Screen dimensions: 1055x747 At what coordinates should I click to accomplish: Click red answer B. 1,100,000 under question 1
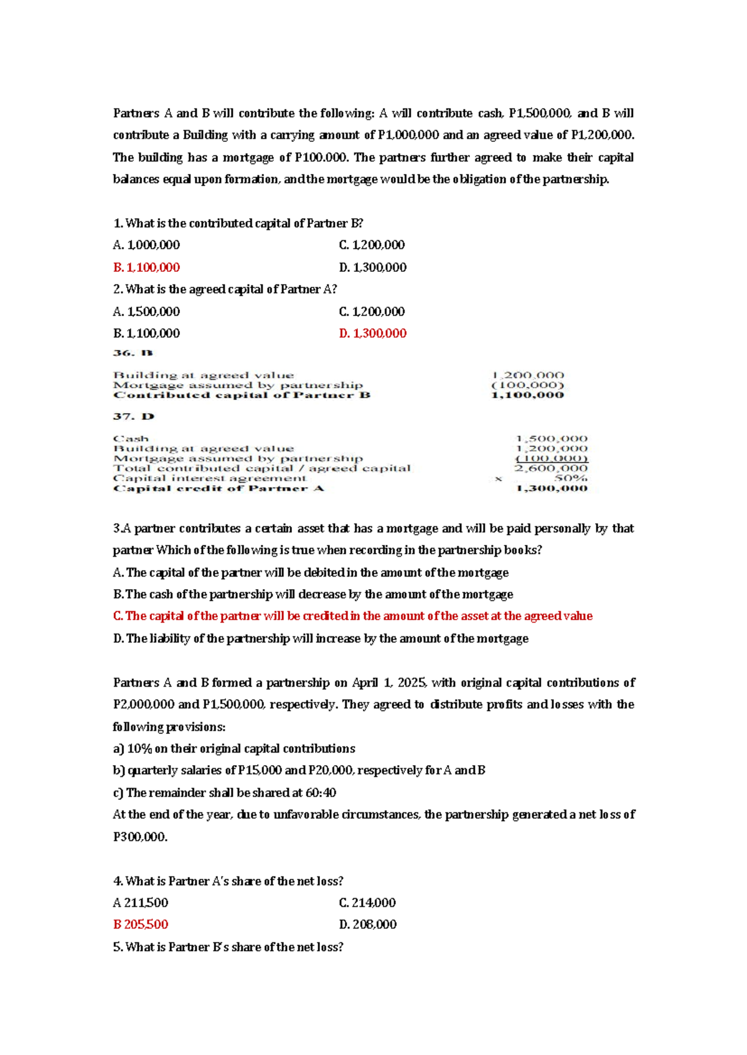click(x=146, y=267)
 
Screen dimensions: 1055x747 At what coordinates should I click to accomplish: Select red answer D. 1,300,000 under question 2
click(x=372, y=333)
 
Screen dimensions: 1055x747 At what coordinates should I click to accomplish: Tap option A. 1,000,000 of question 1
click(x=146, y=245)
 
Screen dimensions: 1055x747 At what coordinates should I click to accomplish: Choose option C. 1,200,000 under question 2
click(x=372, y=312)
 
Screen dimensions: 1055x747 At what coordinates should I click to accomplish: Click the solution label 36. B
click(x=133, y=353)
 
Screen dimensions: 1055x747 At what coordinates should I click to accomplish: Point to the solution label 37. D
click(x=133, y=416)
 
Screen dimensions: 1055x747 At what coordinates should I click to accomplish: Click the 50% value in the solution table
click(x=571, y=478)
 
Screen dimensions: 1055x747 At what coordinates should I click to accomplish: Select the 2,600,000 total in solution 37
click(x=551, y=468)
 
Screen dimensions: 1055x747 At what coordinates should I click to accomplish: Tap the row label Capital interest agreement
click(x=210, y=478)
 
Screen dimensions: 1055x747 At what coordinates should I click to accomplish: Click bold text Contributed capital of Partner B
click(x=242, y=395)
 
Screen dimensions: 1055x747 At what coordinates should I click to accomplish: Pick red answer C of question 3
click(x=352, y=616)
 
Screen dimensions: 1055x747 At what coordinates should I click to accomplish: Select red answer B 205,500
click(x=141, y=924)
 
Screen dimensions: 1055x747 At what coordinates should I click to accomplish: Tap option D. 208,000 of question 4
click(x=367, y=924)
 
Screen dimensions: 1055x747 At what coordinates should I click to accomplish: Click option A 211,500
click(x=141, y=903)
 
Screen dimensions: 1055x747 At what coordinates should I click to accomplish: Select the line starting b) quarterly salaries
click(x=299, y=770)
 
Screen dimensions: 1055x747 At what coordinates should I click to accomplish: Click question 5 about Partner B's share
click(x=228, y=947)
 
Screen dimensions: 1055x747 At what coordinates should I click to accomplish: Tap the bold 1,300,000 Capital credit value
click(x=552, y=488)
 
